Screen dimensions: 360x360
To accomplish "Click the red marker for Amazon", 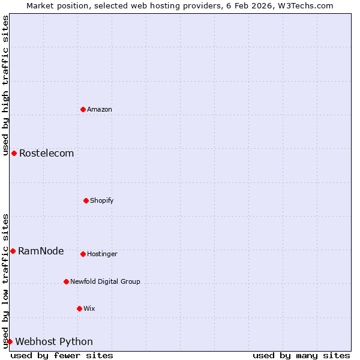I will click(x=83, y=109).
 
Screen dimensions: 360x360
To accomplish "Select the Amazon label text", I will click(x=100, y=110).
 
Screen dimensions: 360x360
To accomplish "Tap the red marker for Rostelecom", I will click(x=14, y=154).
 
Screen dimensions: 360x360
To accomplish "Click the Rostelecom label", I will click(x=46, y=154).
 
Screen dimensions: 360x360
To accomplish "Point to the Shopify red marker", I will click(x=86, y=200).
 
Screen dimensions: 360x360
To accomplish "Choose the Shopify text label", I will click(x=102, y=201).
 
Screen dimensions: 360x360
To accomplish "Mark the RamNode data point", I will click(x=13, y=251).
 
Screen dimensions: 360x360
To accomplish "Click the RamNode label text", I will click(x=41, y=251).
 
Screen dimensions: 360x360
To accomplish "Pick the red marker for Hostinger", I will click(x=83, y=254).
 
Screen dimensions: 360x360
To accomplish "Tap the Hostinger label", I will click(x=102, y=254).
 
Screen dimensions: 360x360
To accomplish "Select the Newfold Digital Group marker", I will click(x=66, y=281).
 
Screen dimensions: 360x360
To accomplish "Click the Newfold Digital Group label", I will click(x=105, y=282).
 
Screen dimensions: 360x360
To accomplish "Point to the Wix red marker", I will click(x=79, y=308).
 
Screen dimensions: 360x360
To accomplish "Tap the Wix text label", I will click(x=89, y=309).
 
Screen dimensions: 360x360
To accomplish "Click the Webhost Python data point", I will click(x=10, y=341).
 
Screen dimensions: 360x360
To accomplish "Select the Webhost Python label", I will click(x=54, y=342).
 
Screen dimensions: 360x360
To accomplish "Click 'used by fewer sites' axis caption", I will click(x=62, y=356).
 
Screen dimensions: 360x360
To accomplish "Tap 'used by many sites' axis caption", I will click(x=301, y=356).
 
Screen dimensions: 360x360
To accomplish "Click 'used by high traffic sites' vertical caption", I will click(x=5, y=86).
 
